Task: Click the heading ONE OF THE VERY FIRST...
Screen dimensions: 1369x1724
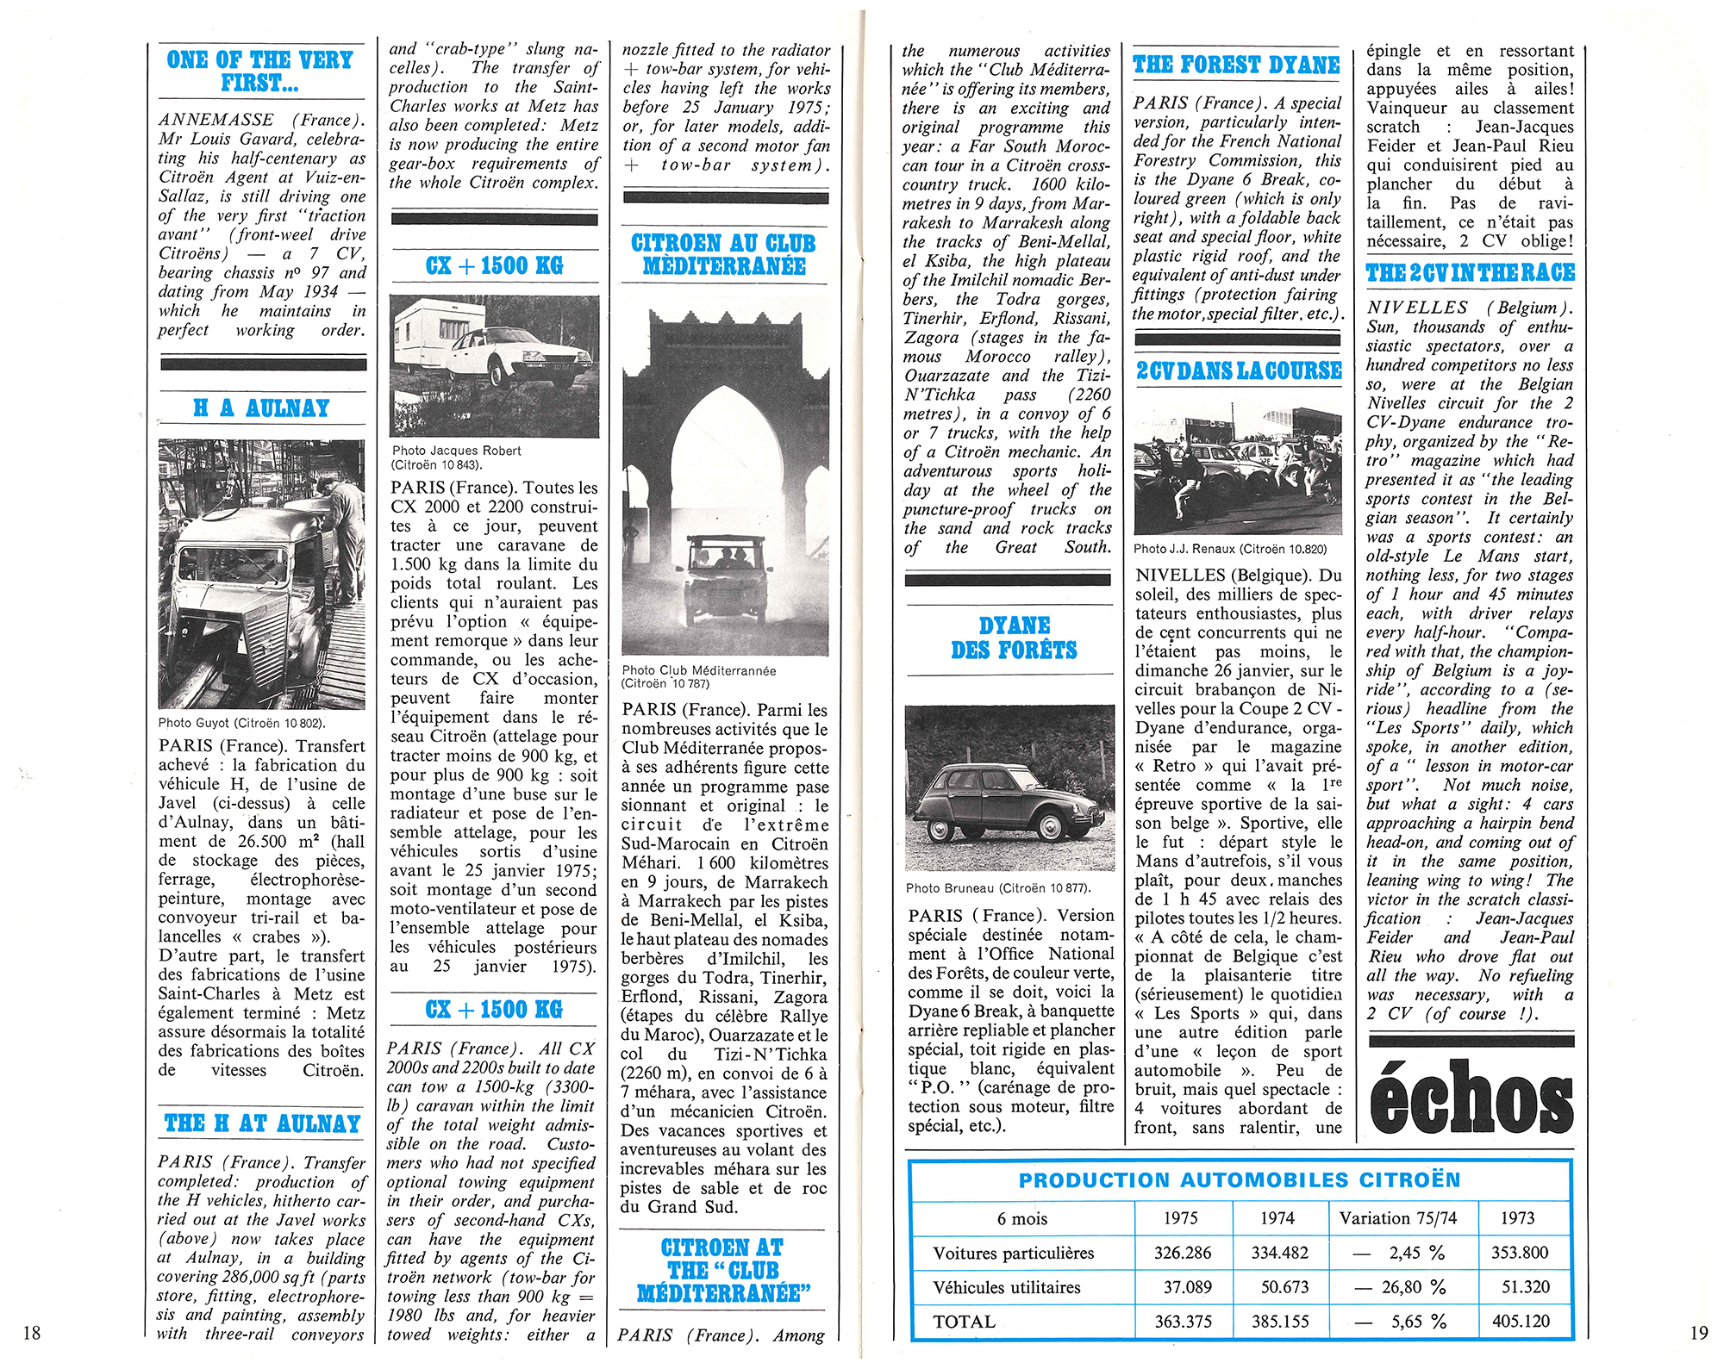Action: (x=259, y=72)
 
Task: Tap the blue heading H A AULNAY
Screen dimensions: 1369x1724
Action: (x=261, y=408)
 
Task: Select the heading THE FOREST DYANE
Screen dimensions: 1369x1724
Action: (x=1236, y=65)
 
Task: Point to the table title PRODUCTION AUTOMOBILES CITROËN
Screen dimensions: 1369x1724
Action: (x=1240, y=1180)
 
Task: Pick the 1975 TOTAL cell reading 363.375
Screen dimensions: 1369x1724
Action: (x=1183, y=1322)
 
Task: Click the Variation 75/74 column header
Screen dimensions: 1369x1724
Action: (x=1397, y=1218)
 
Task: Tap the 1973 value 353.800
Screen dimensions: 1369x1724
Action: (x=1520, y=1253)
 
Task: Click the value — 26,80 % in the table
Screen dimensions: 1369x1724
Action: (x=1399, y=1287)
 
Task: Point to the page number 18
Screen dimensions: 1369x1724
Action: (x=31, y=1333)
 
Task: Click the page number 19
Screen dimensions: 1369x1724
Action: (x=1698, y=1333)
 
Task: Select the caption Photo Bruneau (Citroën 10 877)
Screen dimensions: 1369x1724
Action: (x=998, y=888)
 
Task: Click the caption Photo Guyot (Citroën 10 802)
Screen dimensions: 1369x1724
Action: (x=241, y=724)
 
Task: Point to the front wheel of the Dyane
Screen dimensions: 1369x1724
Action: (x=1051, y=827)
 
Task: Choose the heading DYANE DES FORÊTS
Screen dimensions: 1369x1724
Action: (x=1014, y=638)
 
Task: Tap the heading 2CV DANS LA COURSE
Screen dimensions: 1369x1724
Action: (x=1239, y=371)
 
